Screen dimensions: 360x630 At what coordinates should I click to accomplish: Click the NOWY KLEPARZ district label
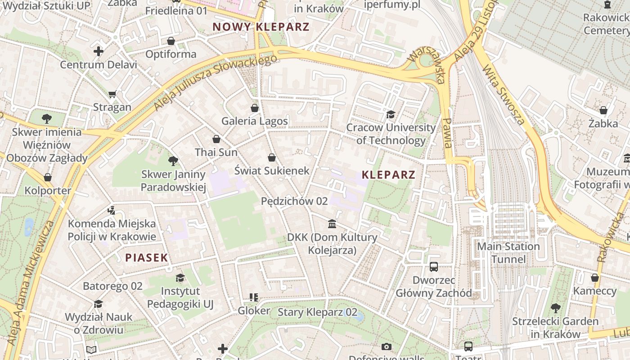click(261, 27)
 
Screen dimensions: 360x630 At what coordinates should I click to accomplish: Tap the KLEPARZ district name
click(388, 175)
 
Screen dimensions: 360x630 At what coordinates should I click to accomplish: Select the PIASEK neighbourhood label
click(147, 258)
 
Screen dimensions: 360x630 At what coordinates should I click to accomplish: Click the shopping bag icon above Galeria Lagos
click(255, 108)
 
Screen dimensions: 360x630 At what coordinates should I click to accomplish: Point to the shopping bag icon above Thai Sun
click(216, 139)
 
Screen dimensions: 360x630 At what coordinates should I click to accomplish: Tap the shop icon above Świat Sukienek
click(272, 157)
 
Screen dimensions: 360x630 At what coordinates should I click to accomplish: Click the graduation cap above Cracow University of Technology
click(391, 115)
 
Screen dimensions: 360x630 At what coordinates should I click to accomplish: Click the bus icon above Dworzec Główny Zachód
click(434, 267)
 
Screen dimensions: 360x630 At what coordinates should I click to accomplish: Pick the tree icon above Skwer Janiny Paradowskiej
click(173, 161)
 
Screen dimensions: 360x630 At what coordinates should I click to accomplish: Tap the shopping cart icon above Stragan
click(112, 94)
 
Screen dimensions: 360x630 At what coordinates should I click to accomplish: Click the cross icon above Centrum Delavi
click(99, 51)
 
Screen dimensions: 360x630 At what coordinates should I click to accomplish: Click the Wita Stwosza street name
click(504, 95)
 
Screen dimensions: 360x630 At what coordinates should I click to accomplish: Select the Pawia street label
click(447, 133)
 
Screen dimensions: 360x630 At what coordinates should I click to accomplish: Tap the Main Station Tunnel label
click(508, 253)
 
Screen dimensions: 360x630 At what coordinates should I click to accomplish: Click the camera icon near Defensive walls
click(386, 346)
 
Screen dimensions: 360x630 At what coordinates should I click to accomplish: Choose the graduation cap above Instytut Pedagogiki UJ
click(180, 278)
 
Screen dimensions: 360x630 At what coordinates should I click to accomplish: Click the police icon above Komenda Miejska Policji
click(112, 210)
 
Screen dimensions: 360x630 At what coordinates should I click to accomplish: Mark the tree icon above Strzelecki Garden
click(556, 308)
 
